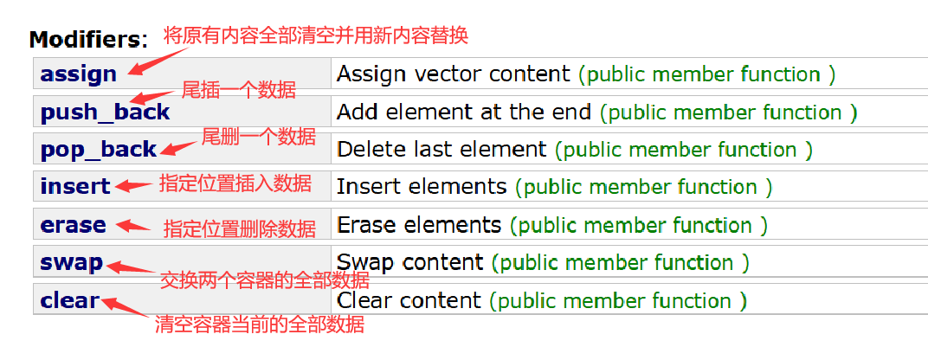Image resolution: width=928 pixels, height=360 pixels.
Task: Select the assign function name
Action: [78, 74]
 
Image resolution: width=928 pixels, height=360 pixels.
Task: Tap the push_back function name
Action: [105, 112]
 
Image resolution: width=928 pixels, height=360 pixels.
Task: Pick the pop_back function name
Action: [98, 150]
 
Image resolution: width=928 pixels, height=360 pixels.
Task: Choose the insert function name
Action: [75, 186]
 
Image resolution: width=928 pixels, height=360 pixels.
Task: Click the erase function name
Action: [73, 225]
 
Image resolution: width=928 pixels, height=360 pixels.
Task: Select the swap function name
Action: [71, 262]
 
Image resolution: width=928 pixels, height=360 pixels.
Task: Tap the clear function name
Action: [69, 300]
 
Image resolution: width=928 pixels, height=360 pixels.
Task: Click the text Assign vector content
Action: [453, 74]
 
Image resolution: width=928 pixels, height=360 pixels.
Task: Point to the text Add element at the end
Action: [463, 112]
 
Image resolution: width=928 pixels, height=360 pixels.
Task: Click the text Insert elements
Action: [421, 186]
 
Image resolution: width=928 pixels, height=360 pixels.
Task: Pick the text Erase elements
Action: [418, 225]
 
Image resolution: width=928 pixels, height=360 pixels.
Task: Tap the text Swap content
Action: [409, 262]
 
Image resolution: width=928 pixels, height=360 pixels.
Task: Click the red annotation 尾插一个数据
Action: [238, 90]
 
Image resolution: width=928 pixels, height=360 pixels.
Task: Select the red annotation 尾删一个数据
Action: [258, 137]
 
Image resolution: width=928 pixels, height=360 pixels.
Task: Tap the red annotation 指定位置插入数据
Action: [235, 183]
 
